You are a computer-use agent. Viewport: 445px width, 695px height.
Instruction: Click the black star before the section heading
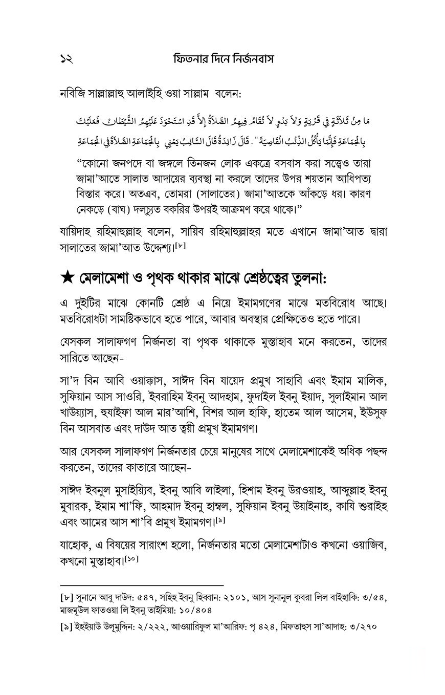(67, 280)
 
